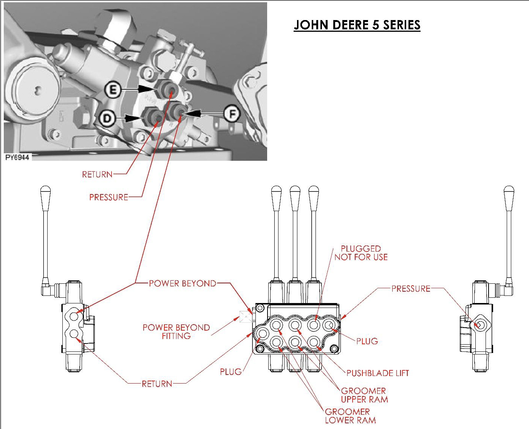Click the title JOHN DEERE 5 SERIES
tap(357, 25)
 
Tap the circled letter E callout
tap(113, 90)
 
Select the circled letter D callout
tap(108, 118)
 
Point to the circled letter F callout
tap(232, 113)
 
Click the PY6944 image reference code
tap(17, 157)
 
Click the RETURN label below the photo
tap(97, 174)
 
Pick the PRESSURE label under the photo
tap(108, 197)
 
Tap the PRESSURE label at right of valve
tap(411, 289)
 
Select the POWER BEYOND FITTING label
tap(176, 331)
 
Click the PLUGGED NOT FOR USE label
tap(361, 253)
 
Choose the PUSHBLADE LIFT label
tap(377, 373)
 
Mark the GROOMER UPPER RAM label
tap(364, 395)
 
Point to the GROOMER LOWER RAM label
tap(350, 416)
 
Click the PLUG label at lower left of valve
tap(230, 372)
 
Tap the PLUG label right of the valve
tap(367, 341)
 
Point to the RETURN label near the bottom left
tap(157, 384)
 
